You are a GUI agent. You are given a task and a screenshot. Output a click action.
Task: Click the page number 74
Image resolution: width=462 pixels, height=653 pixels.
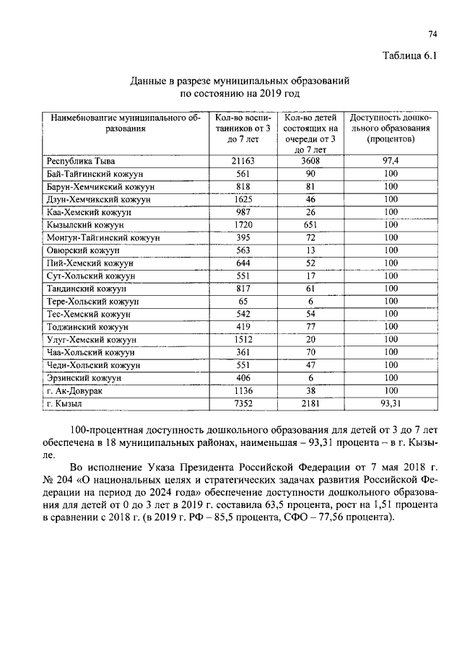433,34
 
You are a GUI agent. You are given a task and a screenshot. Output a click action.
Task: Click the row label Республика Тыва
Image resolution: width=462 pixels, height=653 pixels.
80,161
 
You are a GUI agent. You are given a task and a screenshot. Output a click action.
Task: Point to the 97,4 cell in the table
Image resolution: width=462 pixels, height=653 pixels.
391,161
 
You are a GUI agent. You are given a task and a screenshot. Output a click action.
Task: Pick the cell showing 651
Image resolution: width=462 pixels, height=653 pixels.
311,225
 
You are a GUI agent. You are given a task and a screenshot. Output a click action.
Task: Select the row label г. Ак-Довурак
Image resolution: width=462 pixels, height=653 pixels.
74,390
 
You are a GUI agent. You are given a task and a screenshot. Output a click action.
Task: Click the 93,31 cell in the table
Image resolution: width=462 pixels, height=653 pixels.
391,403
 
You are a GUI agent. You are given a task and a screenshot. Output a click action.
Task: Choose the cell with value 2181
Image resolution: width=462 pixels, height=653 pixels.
311,403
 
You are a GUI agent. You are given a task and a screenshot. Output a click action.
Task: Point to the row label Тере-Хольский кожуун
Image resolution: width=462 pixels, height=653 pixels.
92,301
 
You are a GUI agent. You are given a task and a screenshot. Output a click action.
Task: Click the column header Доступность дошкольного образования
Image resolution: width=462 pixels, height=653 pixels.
391,128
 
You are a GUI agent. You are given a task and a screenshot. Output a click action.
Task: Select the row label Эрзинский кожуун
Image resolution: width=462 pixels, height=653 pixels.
83,377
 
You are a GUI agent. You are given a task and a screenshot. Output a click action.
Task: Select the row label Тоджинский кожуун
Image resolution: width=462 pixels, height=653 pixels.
87,327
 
